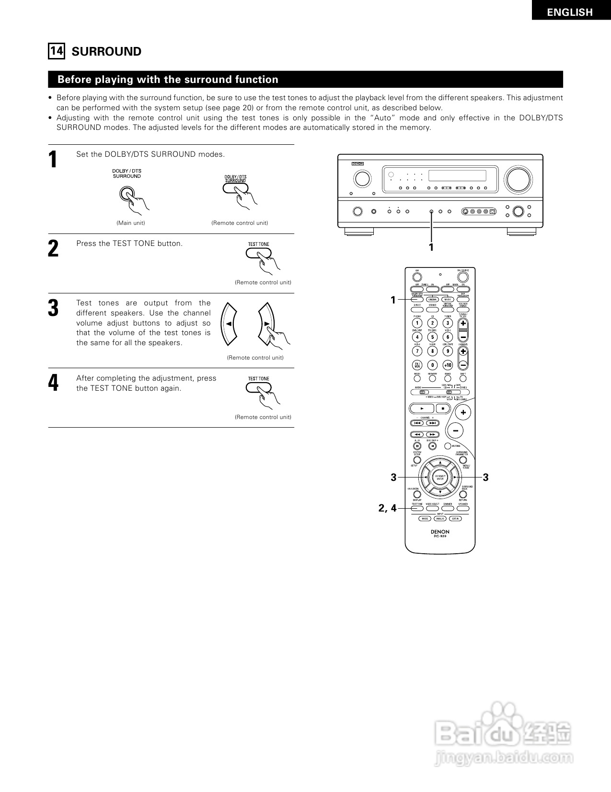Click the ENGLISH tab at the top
point(570,12)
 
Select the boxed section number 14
point(56,51)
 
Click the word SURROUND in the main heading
point(106,52)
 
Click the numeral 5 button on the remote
point(432,337)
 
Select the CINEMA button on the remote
point(432,300)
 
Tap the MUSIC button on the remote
point(447,300)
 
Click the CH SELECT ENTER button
point(440,477)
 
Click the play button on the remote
point(421,408)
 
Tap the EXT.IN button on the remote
point(455,519)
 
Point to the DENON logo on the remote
point(440,532)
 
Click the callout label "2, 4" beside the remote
point(388,508)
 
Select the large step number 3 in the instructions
point(53,308)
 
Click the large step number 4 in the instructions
point(53,383)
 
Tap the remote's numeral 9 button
point(448,351)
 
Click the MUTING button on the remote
point(448,446)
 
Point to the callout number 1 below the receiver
point(431,247)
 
